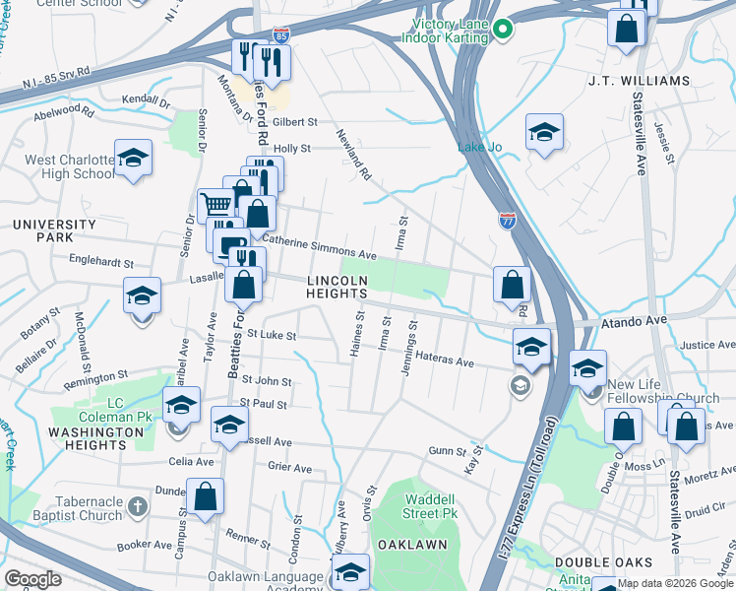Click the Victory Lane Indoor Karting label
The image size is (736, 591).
(x=446, y=30)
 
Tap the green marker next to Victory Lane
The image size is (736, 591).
(x=503, y=30)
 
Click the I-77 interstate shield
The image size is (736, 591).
(x=508, y=220)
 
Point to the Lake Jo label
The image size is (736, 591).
(x=479, y=148)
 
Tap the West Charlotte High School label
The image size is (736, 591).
(x=69, y=166)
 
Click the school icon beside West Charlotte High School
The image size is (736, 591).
(x=133, y=158)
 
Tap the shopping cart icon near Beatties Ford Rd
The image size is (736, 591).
(x=215, y=205)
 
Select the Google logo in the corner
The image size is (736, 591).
(x=32, y=579)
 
